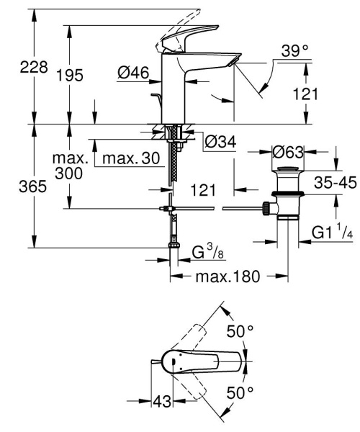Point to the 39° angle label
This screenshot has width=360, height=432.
point(295,50)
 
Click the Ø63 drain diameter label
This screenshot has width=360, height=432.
point(288,152)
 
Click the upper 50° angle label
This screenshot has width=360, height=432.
point(240,332)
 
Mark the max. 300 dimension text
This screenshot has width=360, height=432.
point(73,166)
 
